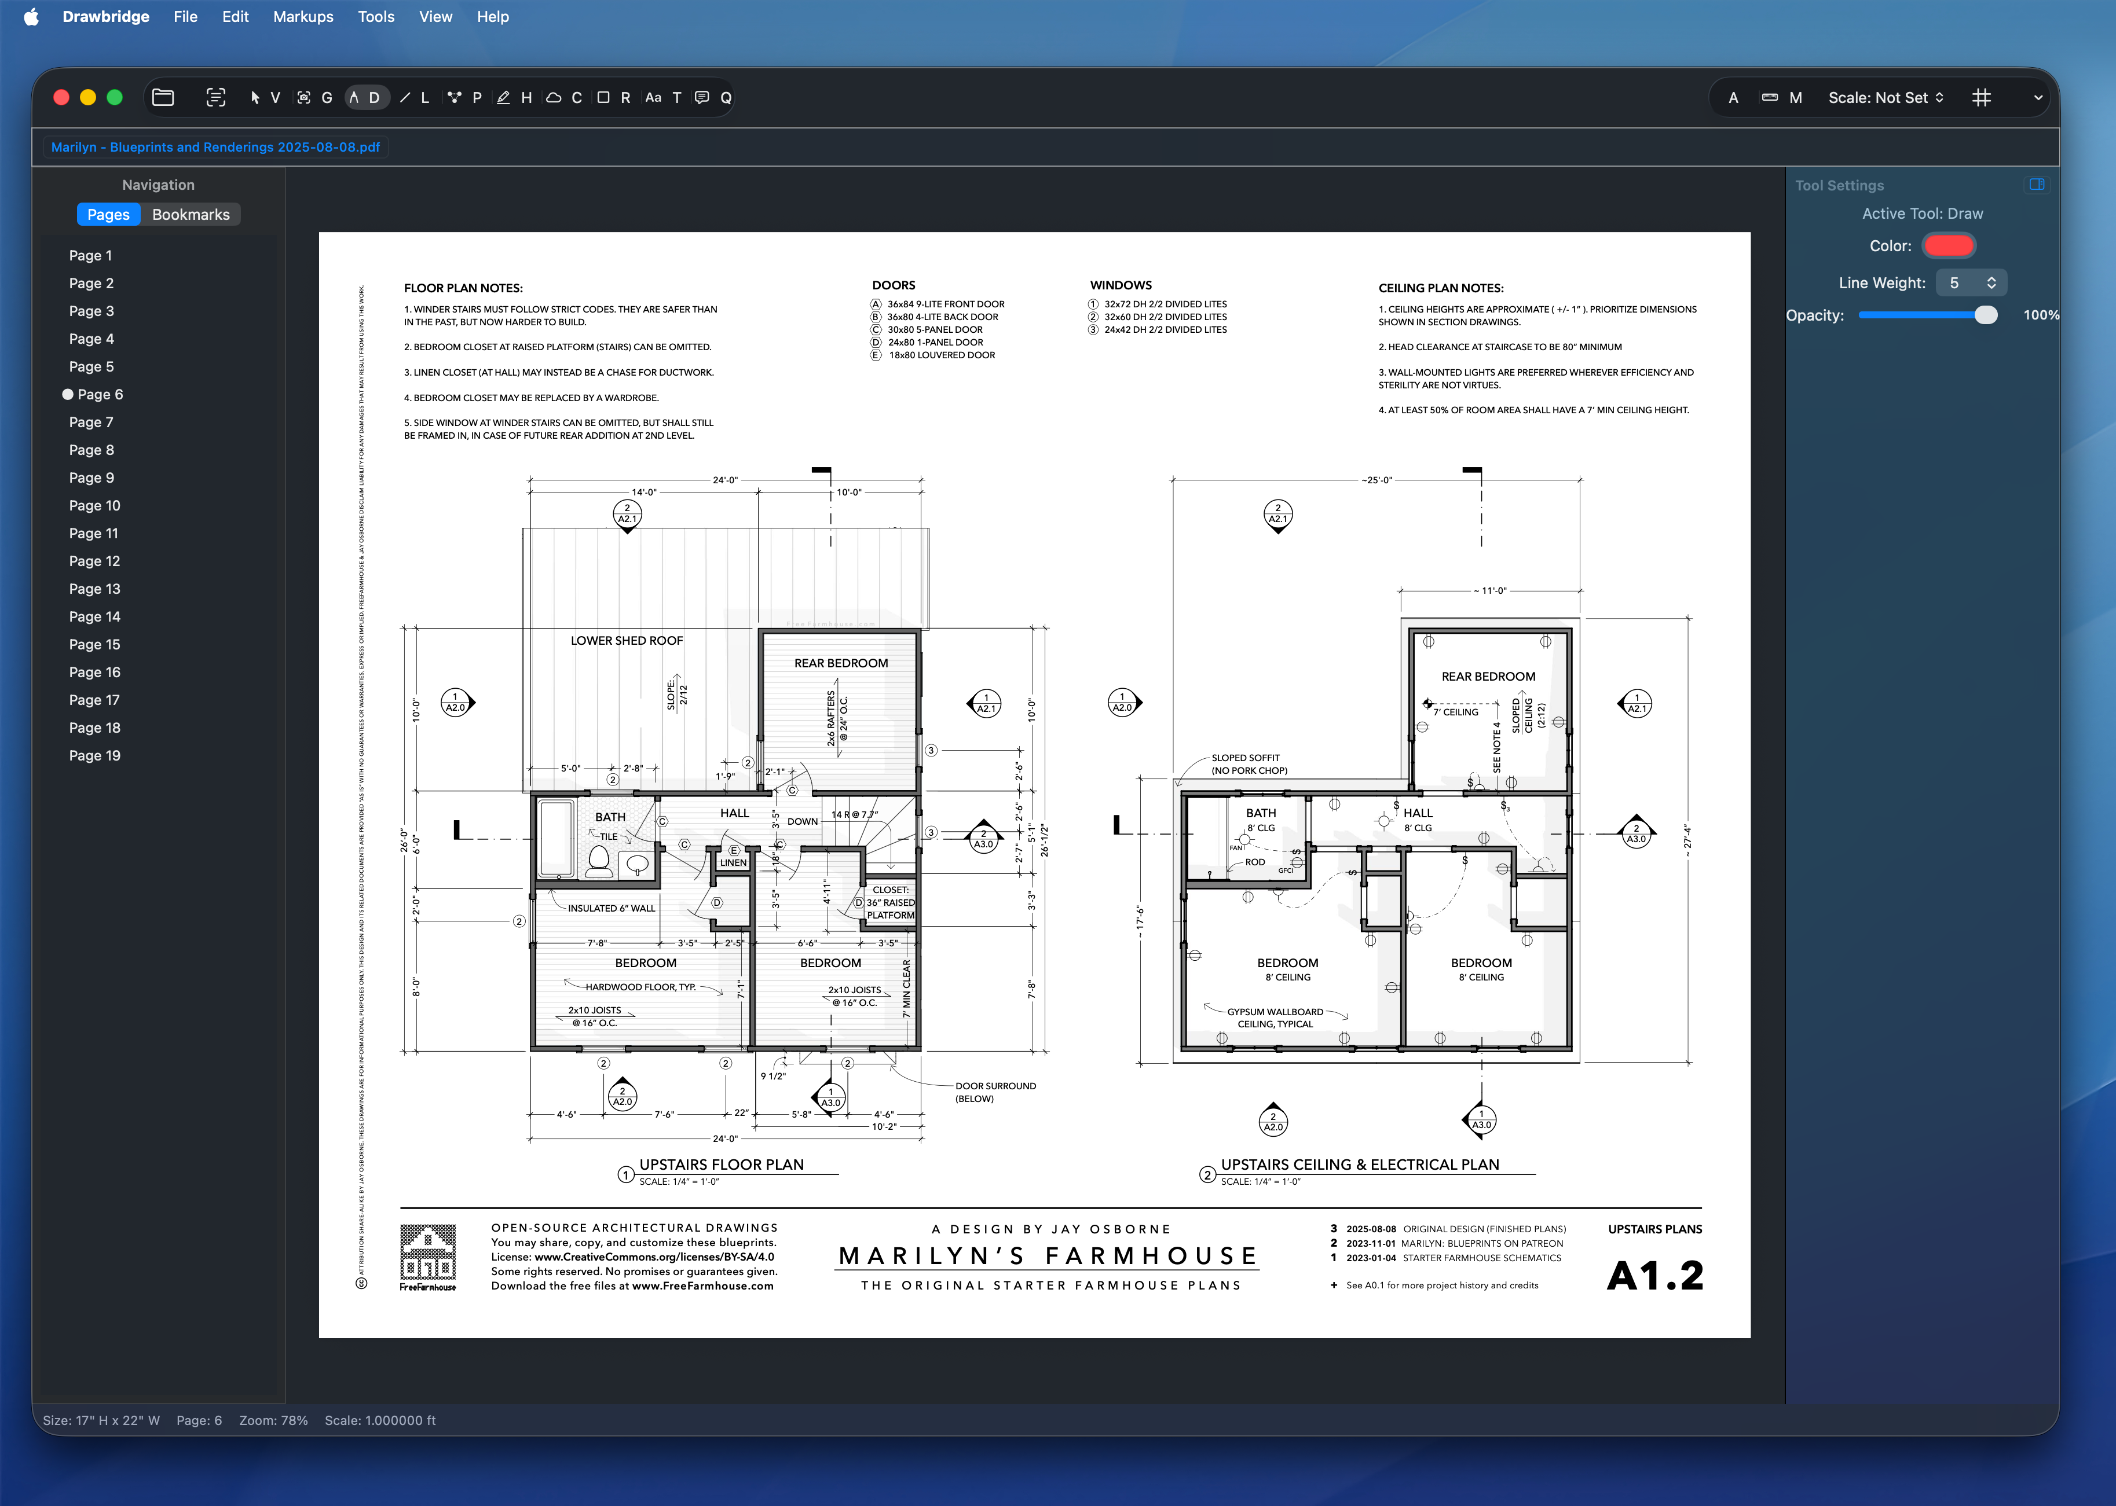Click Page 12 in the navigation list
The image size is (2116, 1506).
(x=94, y=561)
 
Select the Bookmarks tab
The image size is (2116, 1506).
(x=190, y=214)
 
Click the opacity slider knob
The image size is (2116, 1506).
(x=1985, y=315)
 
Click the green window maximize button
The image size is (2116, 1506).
(x=115, y=97)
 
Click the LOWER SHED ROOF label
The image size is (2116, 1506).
(x=626, y=641)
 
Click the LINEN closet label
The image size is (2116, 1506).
(x=733, y=862)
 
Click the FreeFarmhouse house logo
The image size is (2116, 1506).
(x=427, y=1253)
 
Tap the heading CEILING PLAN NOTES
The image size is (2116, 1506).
(x=1441, y=288)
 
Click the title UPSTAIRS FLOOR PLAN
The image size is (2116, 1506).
(x=721, y=1165)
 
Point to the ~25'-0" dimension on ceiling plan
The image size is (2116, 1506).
(x=1377, y=480)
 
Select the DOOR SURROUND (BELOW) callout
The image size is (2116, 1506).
(x=995, y=1092)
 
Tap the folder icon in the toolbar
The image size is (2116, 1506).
(x=163, y=97)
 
